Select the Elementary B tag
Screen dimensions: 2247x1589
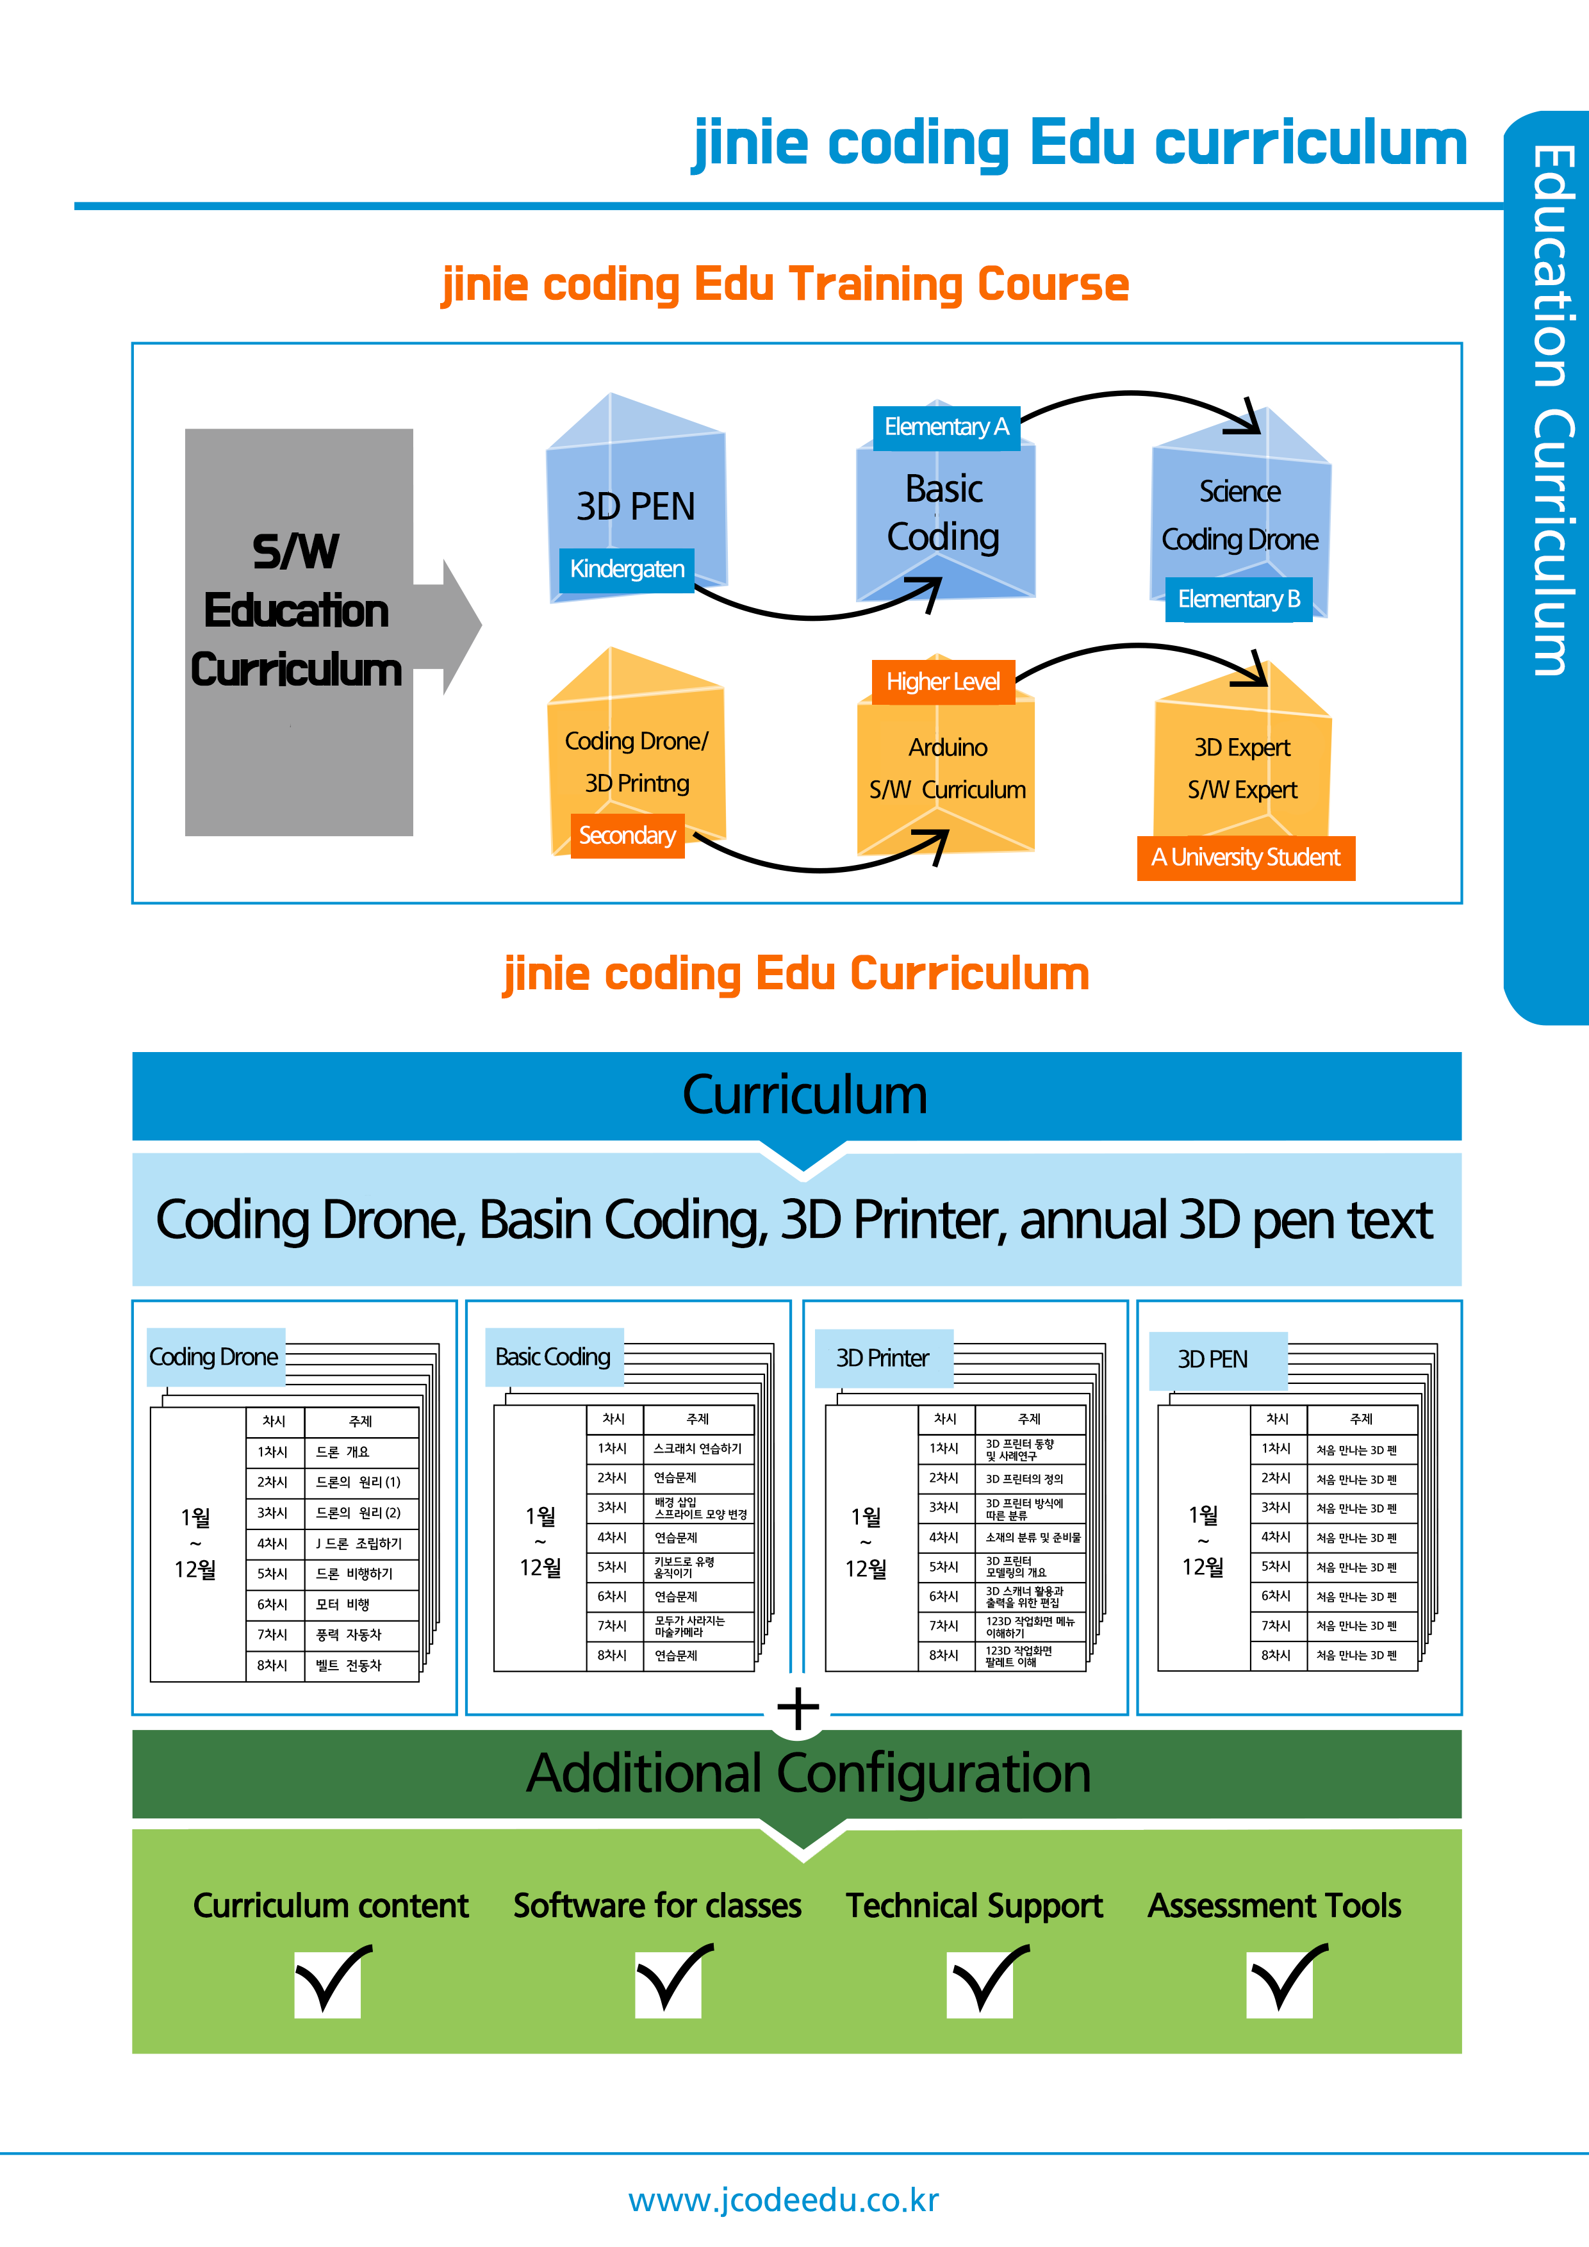pos(1239,599)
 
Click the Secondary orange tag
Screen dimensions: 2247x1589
pos(627,835)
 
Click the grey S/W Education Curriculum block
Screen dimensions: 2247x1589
pos(299,632)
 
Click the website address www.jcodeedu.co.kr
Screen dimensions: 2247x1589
pos(784,2200)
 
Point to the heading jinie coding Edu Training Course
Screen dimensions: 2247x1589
pos(786,284)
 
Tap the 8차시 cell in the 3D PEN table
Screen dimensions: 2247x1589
pos(1276,1655)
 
